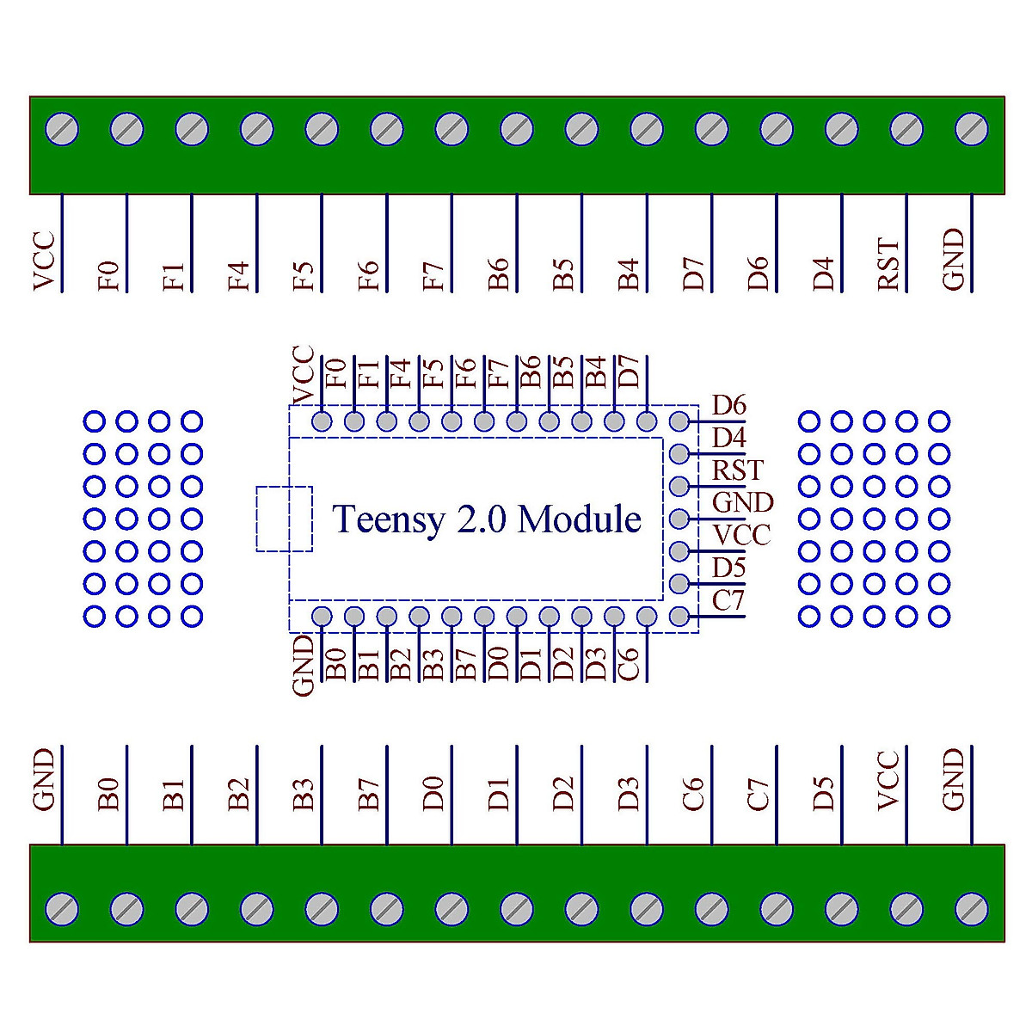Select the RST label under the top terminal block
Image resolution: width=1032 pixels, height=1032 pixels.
(888, 265)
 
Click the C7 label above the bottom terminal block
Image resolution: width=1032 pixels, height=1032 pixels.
(758, 795)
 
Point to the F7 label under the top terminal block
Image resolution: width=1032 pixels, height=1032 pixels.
(433, 275)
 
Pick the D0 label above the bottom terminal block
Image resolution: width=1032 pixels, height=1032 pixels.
(433, 793)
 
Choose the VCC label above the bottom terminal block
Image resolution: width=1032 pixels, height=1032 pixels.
(888, 781)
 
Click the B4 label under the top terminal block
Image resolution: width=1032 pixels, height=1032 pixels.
(628, 274)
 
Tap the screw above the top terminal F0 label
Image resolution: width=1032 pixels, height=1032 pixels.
(127, 130)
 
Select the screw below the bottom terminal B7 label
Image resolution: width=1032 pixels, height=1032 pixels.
(387, 908)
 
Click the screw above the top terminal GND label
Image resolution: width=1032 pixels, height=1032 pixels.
(971, 130)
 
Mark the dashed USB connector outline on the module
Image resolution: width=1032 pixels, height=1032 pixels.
(284, 519)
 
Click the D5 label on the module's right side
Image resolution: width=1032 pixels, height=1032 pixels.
(728, 568)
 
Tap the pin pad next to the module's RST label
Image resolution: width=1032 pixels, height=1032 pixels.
(679, 486)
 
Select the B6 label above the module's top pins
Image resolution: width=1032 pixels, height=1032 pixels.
(531, 372)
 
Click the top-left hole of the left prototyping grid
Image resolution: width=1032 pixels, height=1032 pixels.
(94, 421)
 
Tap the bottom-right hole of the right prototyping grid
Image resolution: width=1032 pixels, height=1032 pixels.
(939, 616)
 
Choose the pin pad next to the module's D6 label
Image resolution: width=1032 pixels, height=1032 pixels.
(679, 421)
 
